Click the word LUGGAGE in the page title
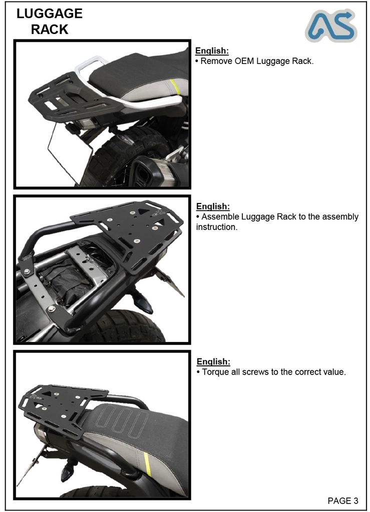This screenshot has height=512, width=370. pos(49,13)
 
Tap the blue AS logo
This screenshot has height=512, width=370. pos(331,26)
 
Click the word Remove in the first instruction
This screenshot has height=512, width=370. pos(216,61)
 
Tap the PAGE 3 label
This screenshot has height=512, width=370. pos(343,500)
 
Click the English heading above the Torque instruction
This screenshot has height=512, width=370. pos(213,361)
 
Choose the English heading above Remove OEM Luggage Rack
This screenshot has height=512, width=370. pos(212,51)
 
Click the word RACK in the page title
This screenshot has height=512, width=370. pos(49,29)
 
